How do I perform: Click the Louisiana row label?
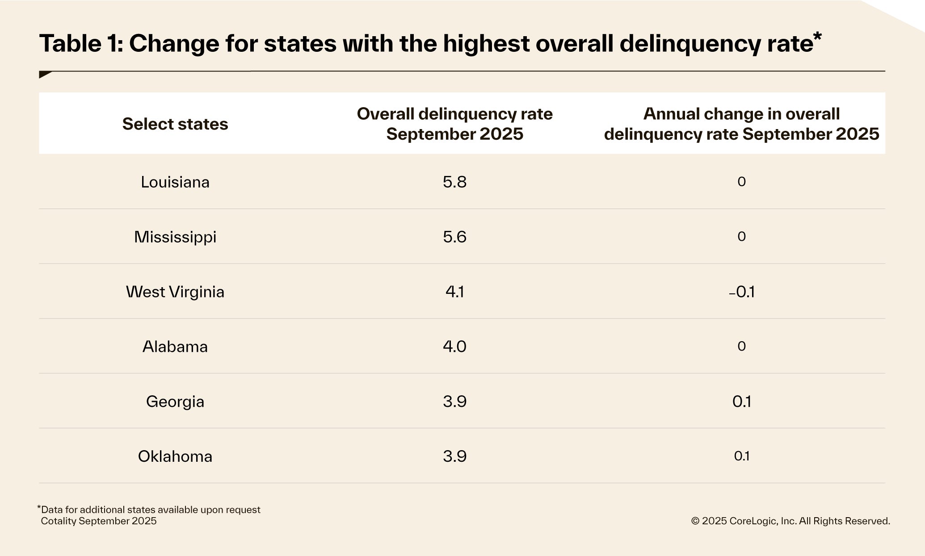(175, 182)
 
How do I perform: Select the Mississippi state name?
(175, 237)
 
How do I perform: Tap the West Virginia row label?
(175, 292)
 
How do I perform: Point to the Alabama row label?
(175, 347)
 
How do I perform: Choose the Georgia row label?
(175, 401)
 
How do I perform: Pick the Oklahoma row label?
(175, 456)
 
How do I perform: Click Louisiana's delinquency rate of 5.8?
(454, 182)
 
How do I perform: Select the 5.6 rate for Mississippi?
(454, 237)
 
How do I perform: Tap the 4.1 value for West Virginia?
(454, 292)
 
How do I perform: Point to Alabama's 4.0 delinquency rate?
(454, 347)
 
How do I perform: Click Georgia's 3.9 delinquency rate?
(454, 401)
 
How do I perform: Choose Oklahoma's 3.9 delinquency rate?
(454, 456)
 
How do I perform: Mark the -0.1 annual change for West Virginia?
(741, 292)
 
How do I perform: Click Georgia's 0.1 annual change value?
(741, 401)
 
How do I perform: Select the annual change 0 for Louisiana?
(741, 182)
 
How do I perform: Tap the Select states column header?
(175, 124)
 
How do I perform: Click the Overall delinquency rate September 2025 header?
(454, 124)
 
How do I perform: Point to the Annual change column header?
(741, 124)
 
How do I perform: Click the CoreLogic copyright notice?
(790, 521)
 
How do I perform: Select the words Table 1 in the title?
(81, 44)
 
